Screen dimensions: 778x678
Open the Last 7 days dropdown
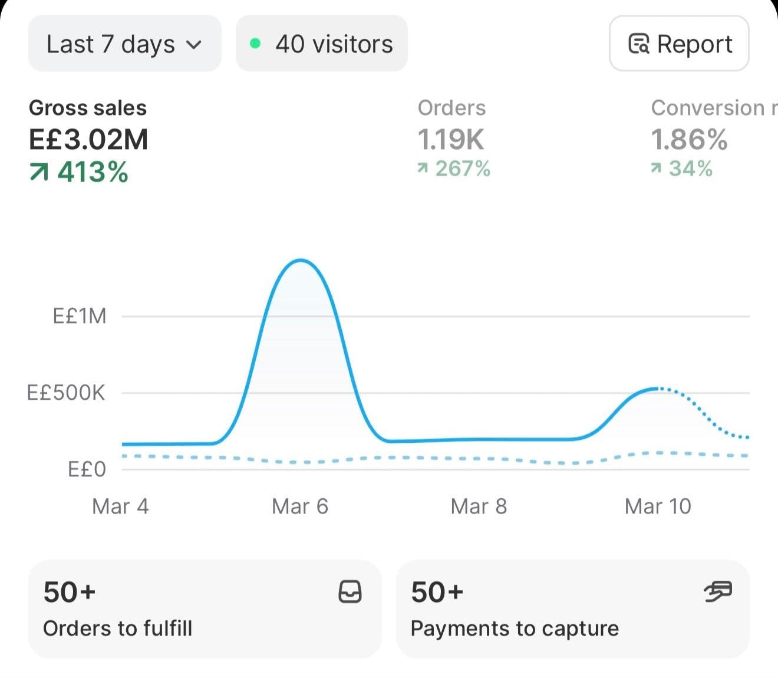(125, 44)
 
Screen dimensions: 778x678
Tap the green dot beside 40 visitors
(255, 44)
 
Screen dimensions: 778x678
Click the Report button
(679, 44)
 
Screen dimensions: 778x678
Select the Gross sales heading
(88, 108)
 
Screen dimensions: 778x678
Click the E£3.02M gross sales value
(88, 140)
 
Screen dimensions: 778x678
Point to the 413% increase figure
(79, 172)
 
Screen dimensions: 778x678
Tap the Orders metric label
(451, 108)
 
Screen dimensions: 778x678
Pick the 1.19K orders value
(451, 140)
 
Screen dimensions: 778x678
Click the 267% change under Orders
(454, 169)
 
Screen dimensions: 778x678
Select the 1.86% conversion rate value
(690, 140)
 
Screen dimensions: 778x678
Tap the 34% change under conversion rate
(682, 169)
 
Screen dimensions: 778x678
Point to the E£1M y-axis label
(80, 316)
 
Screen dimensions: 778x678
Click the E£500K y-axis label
(66, 393)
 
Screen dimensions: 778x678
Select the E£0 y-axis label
(87, 469)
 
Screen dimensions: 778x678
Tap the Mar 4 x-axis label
(120, 506)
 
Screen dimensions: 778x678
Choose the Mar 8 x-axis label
(479, 506)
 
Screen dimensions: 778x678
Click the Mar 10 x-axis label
(658, 506)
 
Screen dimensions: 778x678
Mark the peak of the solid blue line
(301, 260)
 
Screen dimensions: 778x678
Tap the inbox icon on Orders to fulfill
(350, 592)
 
